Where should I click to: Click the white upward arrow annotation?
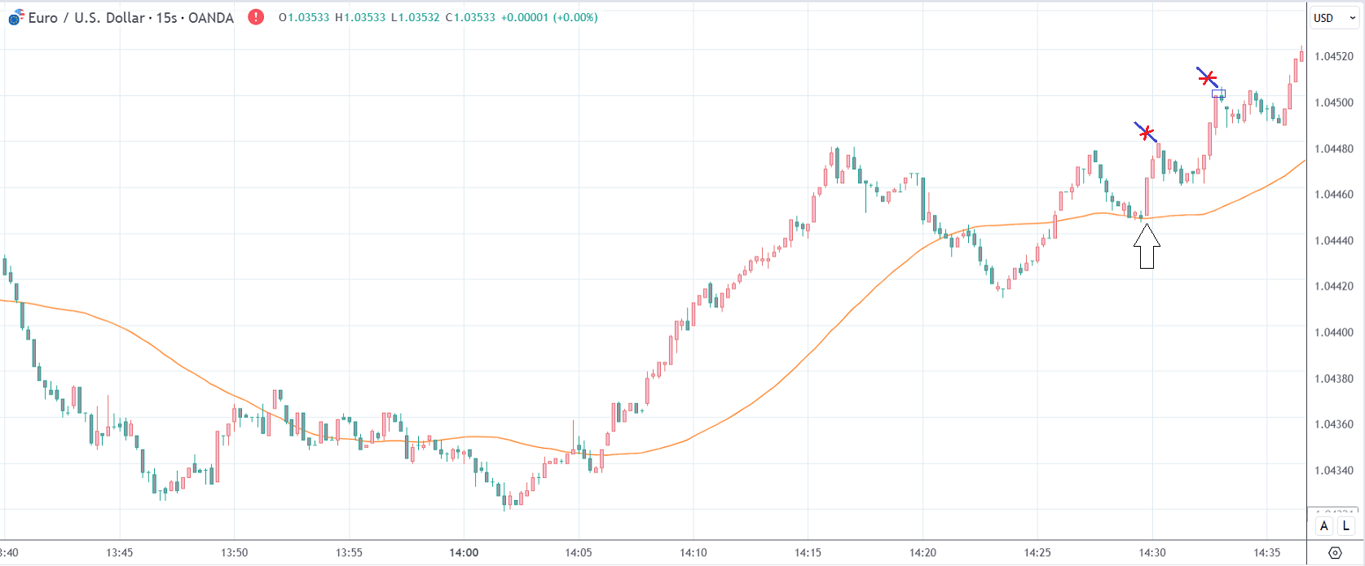pos(1147,246)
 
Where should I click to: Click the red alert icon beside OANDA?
pos(256,16)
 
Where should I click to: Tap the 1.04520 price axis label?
pos(1333,56)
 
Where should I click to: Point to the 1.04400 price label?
pos(1333,332)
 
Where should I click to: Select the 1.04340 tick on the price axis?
pos(1333,471)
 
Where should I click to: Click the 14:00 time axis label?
pos(464,553)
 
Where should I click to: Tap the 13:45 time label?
pos(119,553)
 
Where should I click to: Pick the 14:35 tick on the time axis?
pos(1267,553)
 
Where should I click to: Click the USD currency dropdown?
pos(1333,18)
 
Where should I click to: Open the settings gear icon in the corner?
pos(1335,553)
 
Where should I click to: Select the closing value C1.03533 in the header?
pos(470,17)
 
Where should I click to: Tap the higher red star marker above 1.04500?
pos(1207,77)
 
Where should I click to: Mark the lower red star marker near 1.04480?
pos(1146,132)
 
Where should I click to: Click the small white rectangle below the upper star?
pos(1217,94)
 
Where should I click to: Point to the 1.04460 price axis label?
pos(1333,195)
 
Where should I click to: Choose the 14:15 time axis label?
pos(808,553)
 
